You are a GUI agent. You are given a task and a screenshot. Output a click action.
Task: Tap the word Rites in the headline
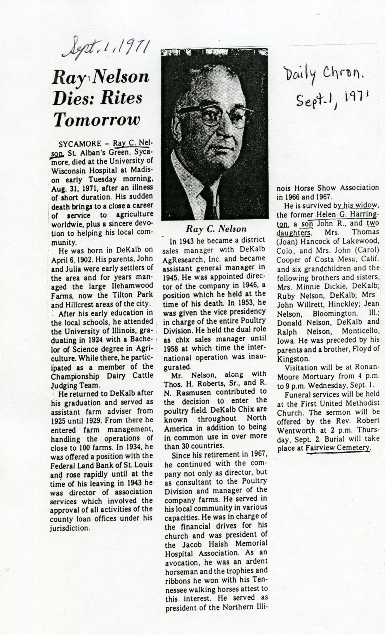click(x=121, y=98)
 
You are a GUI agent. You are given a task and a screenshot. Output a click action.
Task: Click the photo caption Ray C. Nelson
click(x=216, y=229)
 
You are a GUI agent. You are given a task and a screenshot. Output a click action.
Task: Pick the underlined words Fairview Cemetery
click(x=338, y=448)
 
